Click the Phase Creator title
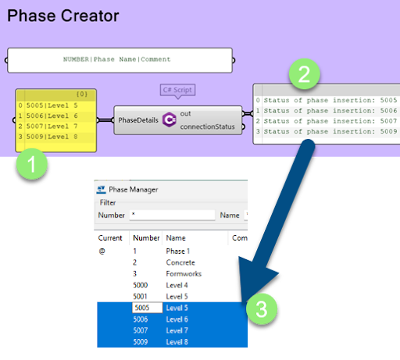(63, 16)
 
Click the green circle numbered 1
(32, 164)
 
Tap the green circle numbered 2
(305, 74)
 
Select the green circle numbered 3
(262, 309)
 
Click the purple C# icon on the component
(170, 119)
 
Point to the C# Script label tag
(177, 90)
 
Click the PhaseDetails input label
(138, 120)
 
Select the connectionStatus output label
(207, 127)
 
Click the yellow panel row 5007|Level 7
(52, 127)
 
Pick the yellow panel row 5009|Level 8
(52, 137)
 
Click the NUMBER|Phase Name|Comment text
(117, 59)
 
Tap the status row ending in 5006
(330, 111)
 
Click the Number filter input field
(172, 215)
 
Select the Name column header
(176, 238)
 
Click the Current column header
(110, 238)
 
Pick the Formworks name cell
(184, 274)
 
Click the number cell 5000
(140, 285)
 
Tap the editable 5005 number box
(148, 308)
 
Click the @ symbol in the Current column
(102, 251)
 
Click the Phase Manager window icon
(101, 190)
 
